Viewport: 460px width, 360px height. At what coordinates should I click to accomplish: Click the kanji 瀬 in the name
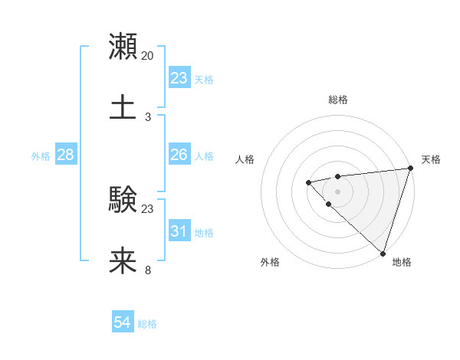click(123, 47)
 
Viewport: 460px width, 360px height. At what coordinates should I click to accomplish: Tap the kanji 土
click(123, 106)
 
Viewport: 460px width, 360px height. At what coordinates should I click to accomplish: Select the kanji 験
click(123, 201)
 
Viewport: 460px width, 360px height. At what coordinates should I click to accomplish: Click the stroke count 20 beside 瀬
click(147, 56)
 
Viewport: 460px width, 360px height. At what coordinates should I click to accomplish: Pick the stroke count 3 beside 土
click(147, 116)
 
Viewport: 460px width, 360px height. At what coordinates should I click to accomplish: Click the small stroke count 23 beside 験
click(147, 208)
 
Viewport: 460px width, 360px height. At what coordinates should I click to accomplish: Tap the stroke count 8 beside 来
click(147, 270)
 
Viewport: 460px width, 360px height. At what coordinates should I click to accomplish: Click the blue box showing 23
click(179, 78)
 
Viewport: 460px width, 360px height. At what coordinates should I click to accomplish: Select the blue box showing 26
click(179, 155)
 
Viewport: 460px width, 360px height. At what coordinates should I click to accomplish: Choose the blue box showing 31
click(179, 231)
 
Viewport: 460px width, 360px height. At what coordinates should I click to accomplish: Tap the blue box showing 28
click(66, 155)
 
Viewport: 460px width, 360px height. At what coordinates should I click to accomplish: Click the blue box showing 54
click(123, 323)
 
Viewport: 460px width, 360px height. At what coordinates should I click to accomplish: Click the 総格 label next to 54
click(147, 324)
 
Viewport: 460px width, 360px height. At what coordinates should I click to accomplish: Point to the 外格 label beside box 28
click(41, 155)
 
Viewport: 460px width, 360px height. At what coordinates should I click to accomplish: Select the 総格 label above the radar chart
click(337, 100)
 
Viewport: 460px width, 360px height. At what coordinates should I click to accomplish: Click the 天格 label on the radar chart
click(431, 159)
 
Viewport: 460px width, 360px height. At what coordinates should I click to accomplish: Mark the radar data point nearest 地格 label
click(383, 253)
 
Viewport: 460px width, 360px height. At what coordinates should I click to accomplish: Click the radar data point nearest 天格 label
click(410, 168)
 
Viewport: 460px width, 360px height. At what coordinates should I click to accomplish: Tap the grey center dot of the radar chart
click(337, 191)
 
